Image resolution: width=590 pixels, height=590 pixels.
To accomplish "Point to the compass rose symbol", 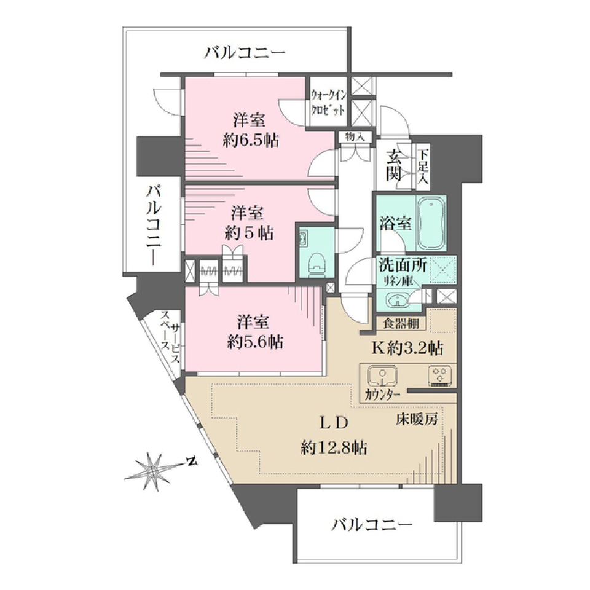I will click(152, 470).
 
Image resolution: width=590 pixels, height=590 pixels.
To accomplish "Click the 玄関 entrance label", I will click(394, 166).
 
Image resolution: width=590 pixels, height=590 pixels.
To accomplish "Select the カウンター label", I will click(382, 394).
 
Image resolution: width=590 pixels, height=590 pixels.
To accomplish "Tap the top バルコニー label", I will click(245, 53).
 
